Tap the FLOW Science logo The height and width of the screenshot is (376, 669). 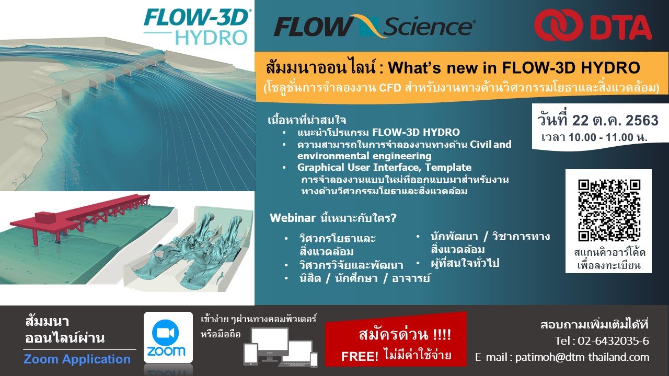tap(375, 26)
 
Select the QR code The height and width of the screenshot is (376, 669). tap(609, 210)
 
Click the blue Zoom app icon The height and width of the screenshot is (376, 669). tap(168, 337)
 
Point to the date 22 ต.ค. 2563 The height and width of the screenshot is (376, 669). tap(615, 120)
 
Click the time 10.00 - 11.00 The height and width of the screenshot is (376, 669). tap(601, 137)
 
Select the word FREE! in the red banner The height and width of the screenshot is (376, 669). tap(360, 356)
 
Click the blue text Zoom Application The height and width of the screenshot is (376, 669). tap(77, 359)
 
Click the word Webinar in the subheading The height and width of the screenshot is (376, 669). tap(292, 218)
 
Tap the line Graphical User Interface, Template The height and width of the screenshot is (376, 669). tap(384, 167)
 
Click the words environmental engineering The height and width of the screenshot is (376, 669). tap(364, 156)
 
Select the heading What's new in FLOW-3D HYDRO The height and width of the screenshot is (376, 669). tap(514, 68)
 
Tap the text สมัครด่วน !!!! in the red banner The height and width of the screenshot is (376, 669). tap(405, 335)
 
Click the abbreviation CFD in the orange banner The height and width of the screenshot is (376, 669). tap(390, 88)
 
